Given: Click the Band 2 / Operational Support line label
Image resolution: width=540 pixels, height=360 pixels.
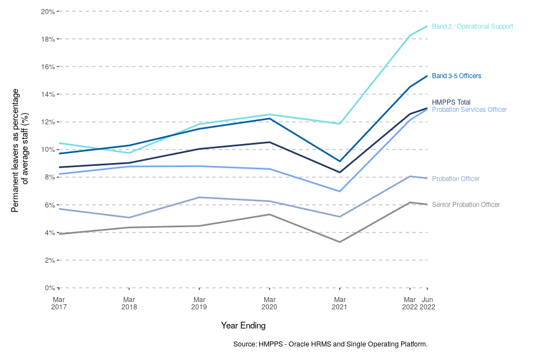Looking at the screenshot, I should coord(472,26).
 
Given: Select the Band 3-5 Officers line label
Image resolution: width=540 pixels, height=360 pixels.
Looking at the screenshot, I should coord(456,75).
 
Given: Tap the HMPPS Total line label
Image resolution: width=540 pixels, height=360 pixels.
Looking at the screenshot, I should coord(451,102).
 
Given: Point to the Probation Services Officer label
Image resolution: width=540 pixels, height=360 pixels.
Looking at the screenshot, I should coord(469,110).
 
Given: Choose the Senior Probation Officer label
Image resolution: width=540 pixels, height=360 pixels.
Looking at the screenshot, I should coord(466,205).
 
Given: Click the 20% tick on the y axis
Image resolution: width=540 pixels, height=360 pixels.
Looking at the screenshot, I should coord(48,11).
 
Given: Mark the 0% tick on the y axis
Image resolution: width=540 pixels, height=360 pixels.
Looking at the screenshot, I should coord(49,288).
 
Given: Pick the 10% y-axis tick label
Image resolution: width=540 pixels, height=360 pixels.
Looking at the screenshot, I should coord(48,150).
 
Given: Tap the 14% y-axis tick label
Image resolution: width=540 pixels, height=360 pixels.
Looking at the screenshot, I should coord(48,94).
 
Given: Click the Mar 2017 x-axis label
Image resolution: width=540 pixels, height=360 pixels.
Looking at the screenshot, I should coord(59,303).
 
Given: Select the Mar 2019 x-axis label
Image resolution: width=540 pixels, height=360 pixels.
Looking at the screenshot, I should coord(199,303).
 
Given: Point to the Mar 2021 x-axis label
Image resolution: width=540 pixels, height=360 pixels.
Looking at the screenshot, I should coord(340,303).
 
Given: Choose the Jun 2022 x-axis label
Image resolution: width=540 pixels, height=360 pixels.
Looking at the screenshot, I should coord(427,303).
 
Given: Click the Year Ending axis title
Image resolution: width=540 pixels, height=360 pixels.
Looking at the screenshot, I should coord(243,326).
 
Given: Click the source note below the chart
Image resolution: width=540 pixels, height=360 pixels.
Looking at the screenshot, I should coord(330,344).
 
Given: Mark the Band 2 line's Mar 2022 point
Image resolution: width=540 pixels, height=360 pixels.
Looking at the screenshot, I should coord(410,35).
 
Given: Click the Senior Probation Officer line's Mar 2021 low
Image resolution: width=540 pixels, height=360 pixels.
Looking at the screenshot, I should coord(340,242).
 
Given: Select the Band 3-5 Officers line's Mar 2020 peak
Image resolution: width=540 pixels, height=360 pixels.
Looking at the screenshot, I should coord(269,118).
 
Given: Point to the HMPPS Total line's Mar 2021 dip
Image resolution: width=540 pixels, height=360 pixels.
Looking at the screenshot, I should coord(340,172).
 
